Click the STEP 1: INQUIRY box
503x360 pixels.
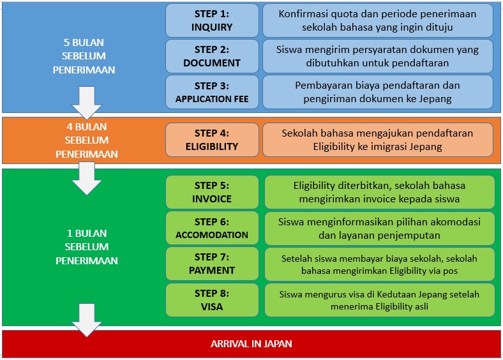tap(212, 20)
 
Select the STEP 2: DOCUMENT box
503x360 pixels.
tap(212, 56)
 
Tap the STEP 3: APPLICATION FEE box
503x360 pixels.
tap(212, 92)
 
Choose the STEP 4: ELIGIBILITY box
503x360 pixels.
tap(212, 140)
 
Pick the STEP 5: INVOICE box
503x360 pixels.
tap(212, 192)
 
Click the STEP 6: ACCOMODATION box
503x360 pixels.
tap(212, 228)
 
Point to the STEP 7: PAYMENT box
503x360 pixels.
tap(212, 264)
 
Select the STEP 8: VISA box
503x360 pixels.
tap(212, 300)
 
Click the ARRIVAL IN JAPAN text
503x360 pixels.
tap(251, 344)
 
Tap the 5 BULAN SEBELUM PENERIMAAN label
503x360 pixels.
tap(84, 56)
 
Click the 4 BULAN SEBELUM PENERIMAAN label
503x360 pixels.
tap(87, 140)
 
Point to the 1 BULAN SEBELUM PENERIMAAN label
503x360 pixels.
tap(87, 247)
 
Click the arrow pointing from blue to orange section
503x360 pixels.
tap(87, 103)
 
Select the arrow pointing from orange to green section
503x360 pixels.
tap(87, 178)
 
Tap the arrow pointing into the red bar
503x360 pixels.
tap(87, 320)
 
